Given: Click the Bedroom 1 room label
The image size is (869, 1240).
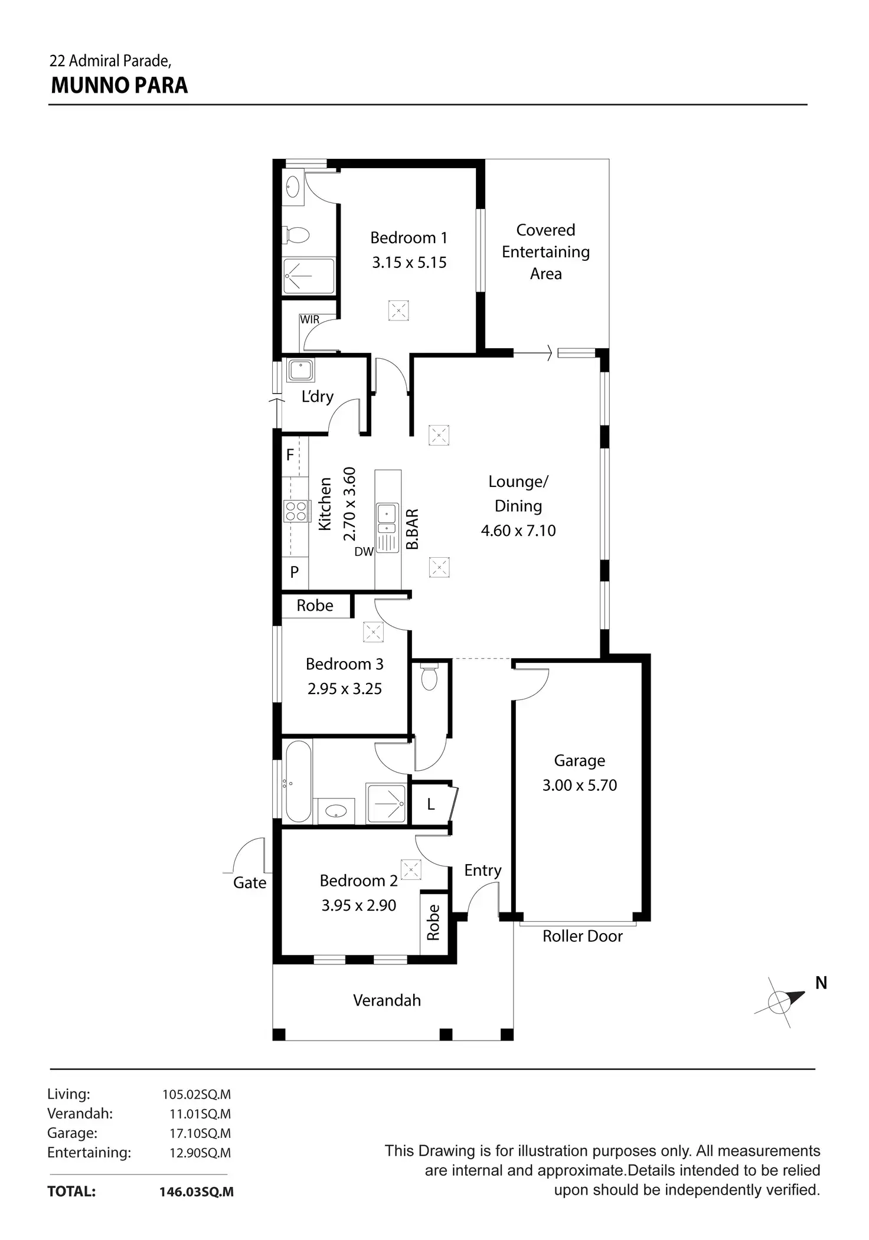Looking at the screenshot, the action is click(x=409, y=238).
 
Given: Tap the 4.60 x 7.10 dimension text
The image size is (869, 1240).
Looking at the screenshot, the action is click(x=518, y=531).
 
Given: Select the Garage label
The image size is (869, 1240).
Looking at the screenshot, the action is click(x=579, y=761).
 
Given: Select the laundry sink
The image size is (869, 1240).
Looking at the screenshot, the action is click(x=300, y=371).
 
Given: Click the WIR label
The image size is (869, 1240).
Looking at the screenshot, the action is click(x=309, y=320).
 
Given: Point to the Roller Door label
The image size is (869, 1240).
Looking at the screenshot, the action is click(x=583, y=936).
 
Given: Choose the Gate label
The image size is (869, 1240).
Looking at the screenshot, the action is click(x=250, y=883).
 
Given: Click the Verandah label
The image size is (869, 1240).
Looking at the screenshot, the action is click(x=387, y=1000).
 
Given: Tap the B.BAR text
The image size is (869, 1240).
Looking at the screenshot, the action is click(x=412, y=529).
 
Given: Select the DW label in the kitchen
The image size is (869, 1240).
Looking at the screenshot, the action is click(x=364, y=552).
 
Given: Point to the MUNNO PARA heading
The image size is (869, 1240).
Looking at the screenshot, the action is click(x=119, y=86).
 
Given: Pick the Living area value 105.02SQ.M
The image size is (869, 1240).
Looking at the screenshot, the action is click(x=197, y=1095).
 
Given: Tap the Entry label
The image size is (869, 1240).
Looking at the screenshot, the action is click(x=483, y=871).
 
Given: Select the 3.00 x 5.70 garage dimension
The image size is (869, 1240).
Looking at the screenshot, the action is click(x=580, y=786).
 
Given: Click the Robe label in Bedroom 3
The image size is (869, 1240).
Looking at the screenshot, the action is click(x=315, y=606).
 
